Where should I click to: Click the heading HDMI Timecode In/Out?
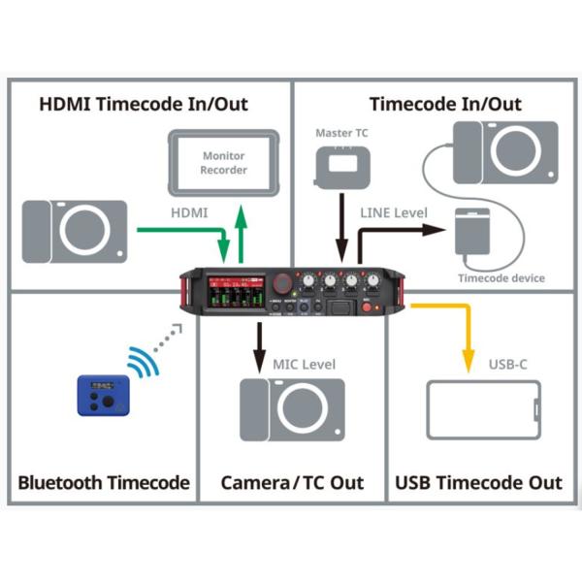pos(144,103)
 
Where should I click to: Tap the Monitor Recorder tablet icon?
pos(223,163)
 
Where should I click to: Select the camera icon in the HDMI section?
pos(75,230)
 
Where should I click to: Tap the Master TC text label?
pos(340,132)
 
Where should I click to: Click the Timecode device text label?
pos(501,278)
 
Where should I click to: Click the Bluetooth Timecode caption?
pos(104,482)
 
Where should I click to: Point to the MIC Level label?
pos(305,365)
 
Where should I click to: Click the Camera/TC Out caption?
pos(292,482)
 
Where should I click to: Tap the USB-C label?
pos(509,365)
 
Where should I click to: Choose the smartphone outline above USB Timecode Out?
pos(483,410)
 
